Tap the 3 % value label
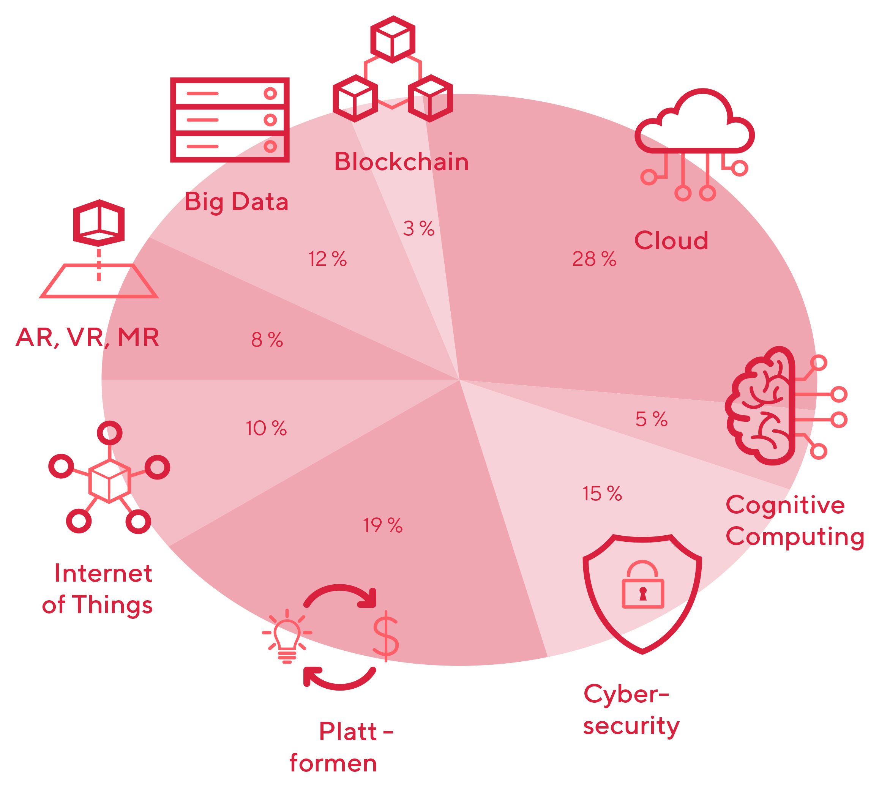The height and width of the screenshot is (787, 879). point(418,228)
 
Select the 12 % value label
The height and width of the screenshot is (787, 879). point(327,259)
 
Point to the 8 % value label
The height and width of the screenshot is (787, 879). point(267,339)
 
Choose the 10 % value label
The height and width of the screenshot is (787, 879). point(266,428)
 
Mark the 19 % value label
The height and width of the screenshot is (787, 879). point(383,525)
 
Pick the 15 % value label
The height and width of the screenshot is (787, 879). point(602,494)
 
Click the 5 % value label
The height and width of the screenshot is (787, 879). point(651,419)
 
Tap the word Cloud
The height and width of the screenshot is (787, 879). point(671,240)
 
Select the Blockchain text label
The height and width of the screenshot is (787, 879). point(401,162)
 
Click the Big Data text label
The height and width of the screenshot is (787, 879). point(237,202)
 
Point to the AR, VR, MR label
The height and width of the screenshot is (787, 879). point(87,338)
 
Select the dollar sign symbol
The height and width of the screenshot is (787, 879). point(386,636)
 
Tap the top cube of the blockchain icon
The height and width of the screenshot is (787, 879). point(393,39)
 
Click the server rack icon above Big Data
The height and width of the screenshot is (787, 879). point(230,120)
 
